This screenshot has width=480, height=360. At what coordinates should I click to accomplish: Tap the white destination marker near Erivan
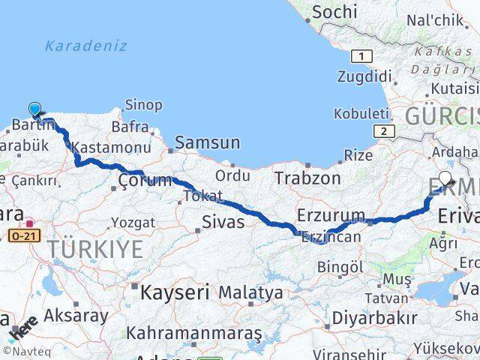tap(445, 179)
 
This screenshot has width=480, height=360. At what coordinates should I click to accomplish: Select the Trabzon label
tap(307, 178)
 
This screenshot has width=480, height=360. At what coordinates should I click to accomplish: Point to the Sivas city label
tap(223, 221)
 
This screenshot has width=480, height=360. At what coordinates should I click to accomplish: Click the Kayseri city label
tap(175, 291)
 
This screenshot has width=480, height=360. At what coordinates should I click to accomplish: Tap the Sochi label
tap(334, 12)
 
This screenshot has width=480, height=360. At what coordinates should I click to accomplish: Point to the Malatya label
tap(252, 292)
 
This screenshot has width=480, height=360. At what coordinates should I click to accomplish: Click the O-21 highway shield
tap(25, 235)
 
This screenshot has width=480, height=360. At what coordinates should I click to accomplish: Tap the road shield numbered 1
tap(364, 57)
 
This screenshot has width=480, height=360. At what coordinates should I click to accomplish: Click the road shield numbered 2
tap(385, 131)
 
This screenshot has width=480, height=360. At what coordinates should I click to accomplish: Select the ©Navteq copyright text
tap(23, 351)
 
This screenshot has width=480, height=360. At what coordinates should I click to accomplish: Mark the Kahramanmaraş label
tap(193, 331)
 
